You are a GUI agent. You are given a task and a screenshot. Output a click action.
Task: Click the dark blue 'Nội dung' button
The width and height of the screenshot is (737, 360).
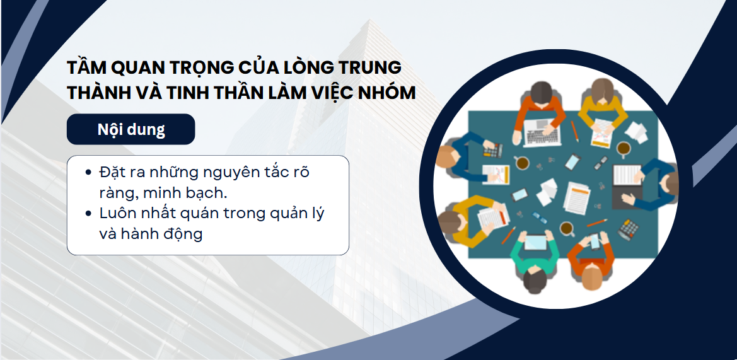click(x=131, y=129)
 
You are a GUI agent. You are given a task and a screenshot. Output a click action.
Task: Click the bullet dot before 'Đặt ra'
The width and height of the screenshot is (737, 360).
click(x=88, y=173)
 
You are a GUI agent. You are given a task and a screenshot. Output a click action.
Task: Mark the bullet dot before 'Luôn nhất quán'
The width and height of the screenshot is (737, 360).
click(x=88, y=213)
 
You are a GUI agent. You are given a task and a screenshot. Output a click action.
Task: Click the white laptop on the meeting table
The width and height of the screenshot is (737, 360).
click(x=542, y=132)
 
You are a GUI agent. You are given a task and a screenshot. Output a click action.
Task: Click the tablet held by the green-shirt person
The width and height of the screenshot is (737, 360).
click(x=535, y=243)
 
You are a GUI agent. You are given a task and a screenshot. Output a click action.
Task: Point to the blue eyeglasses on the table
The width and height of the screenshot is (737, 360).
click(x=539, y=218)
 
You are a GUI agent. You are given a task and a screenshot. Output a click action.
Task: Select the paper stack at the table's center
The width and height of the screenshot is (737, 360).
click(x=576, y=197)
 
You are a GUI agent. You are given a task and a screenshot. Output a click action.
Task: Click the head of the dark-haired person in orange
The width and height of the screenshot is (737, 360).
click(x=542, y=92)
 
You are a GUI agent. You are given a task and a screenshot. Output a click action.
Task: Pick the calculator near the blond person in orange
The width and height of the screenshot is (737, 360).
click(x=628, y=230)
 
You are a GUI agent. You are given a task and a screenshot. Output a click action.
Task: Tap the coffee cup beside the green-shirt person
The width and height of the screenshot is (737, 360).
click(x=567, y=229)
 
